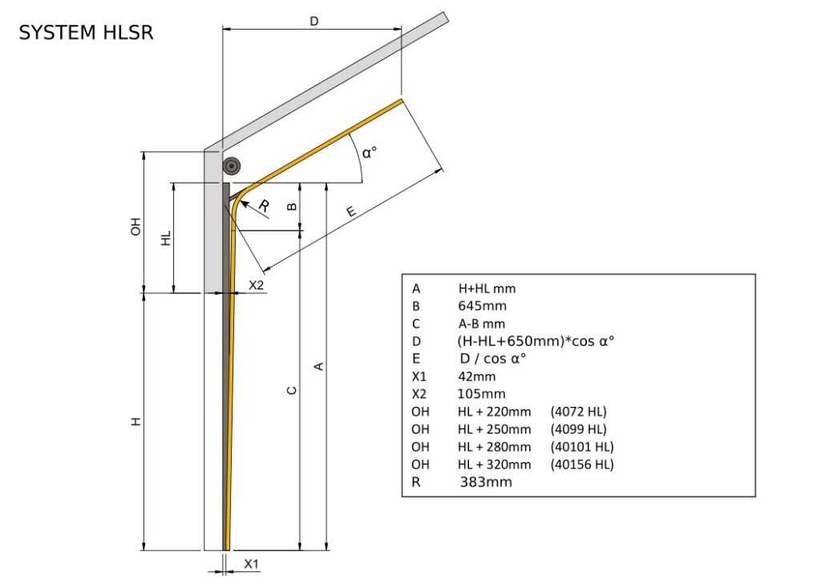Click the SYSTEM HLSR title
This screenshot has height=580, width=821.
pyautogui.click(x=86, y=33)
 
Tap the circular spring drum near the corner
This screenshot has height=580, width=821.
pyautogui.click(x=233, y=166)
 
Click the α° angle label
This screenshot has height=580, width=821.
pyautogui.click(x=369, y=151)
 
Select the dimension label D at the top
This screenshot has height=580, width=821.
pyautogui.click(x=314, y=22)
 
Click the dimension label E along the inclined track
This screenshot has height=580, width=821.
pyautogui.click(x=351, y=211)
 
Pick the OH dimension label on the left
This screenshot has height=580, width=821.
pyautogui.click(x=135, y=226)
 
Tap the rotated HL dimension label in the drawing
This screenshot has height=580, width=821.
pyautogui.click(x=166, y=238)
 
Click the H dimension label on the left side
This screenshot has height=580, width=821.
pyautogui.click(x=136, y=421)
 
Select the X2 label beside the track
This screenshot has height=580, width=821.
pyautogui.click(x=257, y=285)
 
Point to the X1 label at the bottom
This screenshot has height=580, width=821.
pyautogui.click(x=251, y=564)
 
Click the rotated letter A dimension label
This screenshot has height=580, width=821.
pyautogui.click(x=318, y=366)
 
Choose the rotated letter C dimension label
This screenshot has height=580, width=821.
pyautogui.click(x=292, y=390)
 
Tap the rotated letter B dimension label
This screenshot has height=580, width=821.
pyautogui.click(x=292, y=206)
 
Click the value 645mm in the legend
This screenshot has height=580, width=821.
pyautogui.click(x=482, y=305)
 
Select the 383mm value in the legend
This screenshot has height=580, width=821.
pyautogui.click(x=486, y=482)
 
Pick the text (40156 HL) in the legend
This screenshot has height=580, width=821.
pyautogui.click(x=582, y=465)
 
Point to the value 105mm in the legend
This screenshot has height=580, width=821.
pyautogui.click(x=481, y=394)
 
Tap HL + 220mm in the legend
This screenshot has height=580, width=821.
pyautogui.click(x=494, y=412)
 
